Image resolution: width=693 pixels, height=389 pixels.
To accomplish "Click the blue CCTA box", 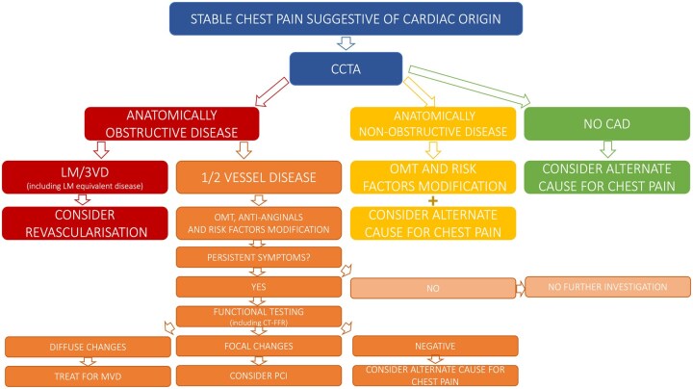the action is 346,69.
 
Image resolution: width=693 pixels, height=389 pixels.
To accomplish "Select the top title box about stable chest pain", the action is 346,19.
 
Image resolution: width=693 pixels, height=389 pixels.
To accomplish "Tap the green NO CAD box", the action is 606,124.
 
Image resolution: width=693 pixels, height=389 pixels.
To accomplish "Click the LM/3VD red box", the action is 85,177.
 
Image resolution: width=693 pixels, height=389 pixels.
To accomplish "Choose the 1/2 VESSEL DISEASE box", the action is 259,177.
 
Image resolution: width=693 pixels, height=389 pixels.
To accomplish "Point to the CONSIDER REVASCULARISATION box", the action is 85,223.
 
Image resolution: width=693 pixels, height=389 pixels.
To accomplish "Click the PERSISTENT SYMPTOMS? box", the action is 259,257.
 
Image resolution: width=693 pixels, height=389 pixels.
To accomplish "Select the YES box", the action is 259,287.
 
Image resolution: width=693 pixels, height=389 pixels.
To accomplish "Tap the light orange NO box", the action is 433,288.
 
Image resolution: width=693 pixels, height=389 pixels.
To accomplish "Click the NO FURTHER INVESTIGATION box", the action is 607,287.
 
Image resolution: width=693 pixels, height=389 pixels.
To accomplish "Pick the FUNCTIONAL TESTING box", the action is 259,317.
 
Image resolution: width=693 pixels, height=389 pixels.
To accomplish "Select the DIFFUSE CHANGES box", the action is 88,347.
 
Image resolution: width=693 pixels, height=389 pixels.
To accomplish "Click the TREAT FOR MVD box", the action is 88,376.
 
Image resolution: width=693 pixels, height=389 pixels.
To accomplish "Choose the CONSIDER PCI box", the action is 259,376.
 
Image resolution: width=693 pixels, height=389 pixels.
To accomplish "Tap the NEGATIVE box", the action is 435,346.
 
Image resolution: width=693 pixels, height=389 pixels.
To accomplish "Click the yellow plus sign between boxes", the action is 433,200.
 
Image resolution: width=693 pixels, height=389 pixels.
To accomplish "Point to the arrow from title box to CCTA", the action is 346,43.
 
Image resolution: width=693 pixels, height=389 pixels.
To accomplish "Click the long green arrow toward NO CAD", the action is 470,87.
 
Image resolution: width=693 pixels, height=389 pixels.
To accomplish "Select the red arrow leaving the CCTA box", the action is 271,91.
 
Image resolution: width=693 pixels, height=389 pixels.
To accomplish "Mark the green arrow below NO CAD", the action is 607,149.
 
